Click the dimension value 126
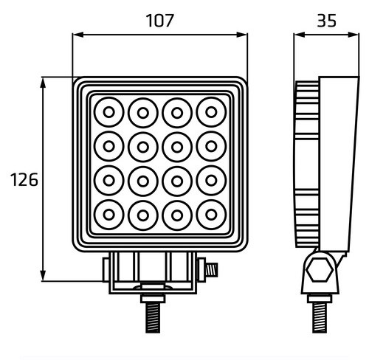coord(23,179)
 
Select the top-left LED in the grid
coord(108,113)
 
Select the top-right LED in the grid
coord(212,113)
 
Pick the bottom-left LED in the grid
coord(108,215)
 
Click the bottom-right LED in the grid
coord(212,215)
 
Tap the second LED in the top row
coord(142,113)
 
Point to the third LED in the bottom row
coord(177,215)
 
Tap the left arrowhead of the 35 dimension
coord(297,34)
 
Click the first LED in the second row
coord(108,147)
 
